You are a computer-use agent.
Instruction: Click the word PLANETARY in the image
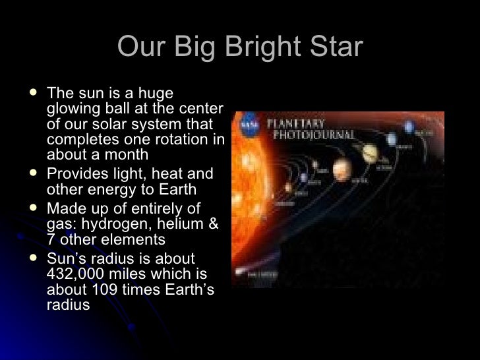(296, 123)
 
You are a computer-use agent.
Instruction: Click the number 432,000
(75, 274)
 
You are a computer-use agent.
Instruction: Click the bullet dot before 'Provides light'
(34, 174)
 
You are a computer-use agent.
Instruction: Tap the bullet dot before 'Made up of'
(34, 209)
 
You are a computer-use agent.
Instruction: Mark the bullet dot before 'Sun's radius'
(34, 258)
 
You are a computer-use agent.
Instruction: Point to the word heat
(170, 174)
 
